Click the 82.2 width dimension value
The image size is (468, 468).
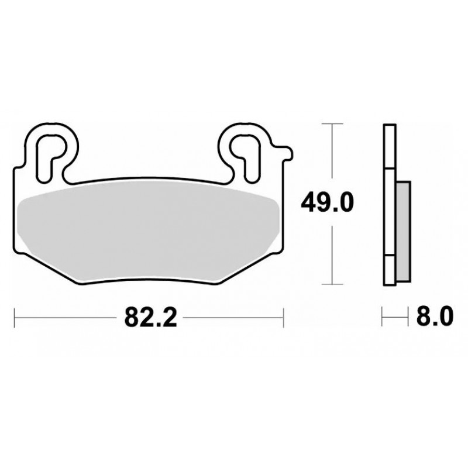pos(151,317)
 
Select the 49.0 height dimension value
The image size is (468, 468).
pos(327,202)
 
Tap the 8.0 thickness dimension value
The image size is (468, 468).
pos(435,316)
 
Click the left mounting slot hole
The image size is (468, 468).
pos(50,158)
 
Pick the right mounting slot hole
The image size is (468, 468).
pos(246,158)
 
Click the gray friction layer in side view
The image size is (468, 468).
pos(403,231)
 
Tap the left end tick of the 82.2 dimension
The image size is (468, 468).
pos(14,318)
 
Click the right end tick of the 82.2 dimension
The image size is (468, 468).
pos(283,318)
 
